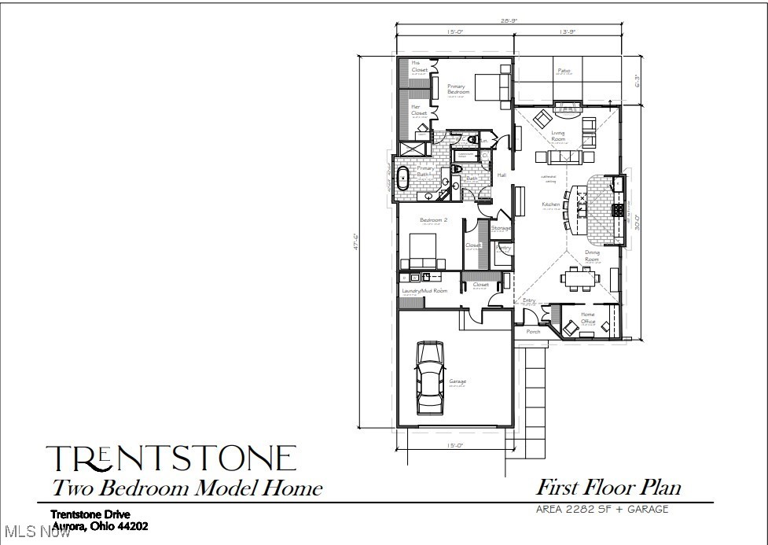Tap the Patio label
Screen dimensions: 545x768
[564, 72]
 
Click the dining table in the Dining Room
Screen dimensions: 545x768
[582, 278]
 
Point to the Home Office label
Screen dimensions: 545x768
[587, 318]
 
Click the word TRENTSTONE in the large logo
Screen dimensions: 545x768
[171, 458]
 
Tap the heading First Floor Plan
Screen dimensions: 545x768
[608, 487]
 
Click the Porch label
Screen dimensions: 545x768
[533, 332]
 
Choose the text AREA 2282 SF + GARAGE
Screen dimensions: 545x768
[602, 509]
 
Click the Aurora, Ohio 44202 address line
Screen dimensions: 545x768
[100, 525]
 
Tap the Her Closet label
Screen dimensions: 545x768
[420, 109]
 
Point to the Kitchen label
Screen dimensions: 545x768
[550, 204]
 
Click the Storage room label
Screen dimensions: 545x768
[501, 228]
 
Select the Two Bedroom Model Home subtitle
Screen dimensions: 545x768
[187, 488]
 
